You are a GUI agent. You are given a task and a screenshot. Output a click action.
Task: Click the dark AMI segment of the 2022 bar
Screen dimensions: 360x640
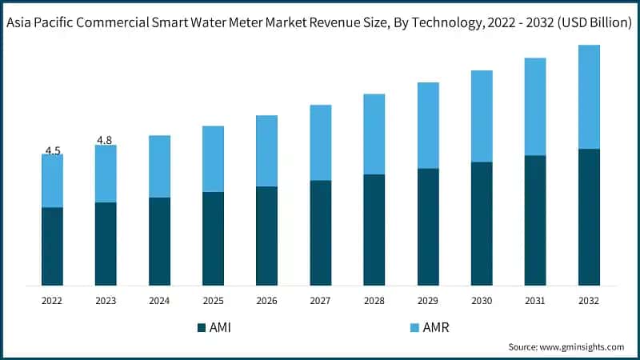tap(52, 246)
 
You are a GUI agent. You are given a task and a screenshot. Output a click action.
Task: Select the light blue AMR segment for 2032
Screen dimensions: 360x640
tap(589, 97)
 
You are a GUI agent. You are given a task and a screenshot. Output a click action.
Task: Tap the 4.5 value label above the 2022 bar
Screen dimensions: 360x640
tap(53, 150)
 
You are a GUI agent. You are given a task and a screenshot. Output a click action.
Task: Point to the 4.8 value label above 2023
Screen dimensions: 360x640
tap(105, 140)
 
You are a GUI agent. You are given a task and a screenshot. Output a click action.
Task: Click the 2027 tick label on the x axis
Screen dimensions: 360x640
tap(320, 301)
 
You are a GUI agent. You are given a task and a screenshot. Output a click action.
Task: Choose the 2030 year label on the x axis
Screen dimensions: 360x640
tap(482, 301)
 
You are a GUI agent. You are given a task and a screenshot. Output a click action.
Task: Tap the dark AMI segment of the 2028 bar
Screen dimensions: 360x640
tap(374, 230)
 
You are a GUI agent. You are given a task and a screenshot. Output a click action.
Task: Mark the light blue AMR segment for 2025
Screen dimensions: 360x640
tap(213, 158)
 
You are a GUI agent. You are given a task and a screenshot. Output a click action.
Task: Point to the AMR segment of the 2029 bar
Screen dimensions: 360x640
tap(428, 125)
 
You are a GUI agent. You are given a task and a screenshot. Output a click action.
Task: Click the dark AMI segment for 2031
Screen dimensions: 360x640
tap(535, 220)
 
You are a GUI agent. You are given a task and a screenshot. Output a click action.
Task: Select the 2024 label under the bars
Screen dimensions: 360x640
tap(159, 301)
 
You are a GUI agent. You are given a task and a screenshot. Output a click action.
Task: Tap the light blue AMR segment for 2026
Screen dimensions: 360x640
tap(266, 150)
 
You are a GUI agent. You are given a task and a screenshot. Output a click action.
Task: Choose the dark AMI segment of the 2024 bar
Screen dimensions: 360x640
tap(159, 241)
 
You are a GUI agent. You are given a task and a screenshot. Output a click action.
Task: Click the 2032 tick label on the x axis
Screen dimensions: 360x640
tap(589, 301)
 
